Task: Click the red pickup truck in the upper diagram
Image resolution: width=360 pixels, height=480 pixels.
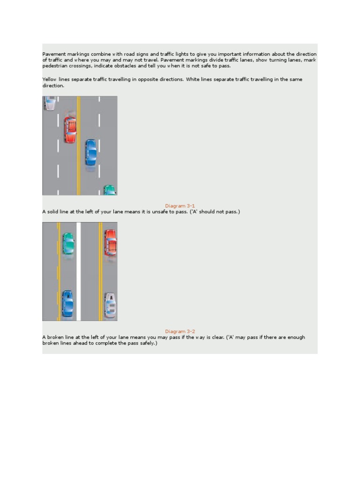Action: pyautogui.click(x=70, y=130)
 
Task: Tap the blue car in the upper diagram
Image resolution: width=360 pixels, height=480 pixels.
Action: pyautogui.click(x=90, y=152)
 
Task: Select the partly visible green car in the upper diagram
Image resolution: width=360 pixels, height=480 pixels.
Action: pyautogui.click(x=109, y=190)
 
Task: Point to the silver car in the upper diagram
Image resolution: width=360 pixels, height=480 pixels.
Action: pyautogui.click(x=50, y=103)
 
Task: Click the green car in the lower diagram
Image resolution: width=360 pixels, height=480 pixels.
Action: pyautogui.click(x=68, y=244)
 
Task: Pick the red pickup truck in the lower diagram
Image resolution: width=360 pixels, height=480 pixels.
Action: pyautogui.click(x=110, y=242)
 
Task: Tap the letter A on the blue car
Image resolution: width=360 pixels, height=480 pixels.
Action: pyautogui.click(x=68, y=297)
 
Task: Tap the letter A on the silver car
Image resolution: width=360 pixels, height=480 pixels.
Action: pyautogui.click(x=111, y=297)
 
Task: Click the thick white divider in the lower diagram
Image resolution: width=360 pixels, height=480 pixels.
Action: pyautogui.click(x=79, y=271)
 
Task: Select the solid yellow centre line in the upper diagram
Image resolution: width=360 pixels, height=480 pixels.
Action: pyautogui.click(x=79, y=145)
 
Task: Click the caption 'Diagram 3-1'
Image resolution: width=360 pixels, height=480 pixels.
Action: pyautogui.click(x=180, y=206)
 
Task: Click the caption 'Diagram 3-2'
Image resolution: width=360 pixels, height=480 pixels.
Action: pyautogui.click(x=180, y=331)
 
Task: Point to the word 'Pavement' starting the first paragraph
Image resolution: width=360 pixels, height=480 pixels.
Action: pyautogui.click(x=54, y=54)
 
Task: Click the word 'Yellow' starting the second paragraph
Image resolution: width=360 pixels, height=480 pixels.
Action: pyautogui.click(x=50, y=80)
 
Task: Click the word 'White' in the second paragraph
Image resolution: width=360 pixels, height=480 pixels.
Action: pyautogui.click(x=194, y=80)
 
